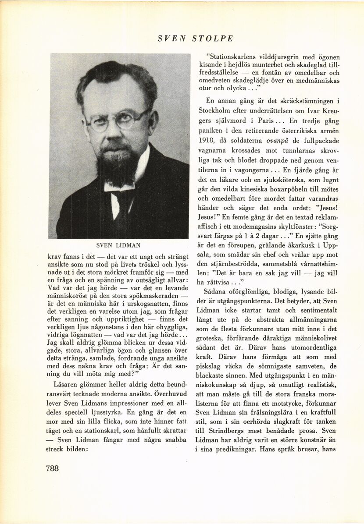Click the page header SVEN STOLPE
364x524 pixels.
195,39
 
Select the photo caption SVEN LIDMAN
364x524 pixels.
120,245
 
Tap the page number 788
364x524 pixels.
52,467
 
